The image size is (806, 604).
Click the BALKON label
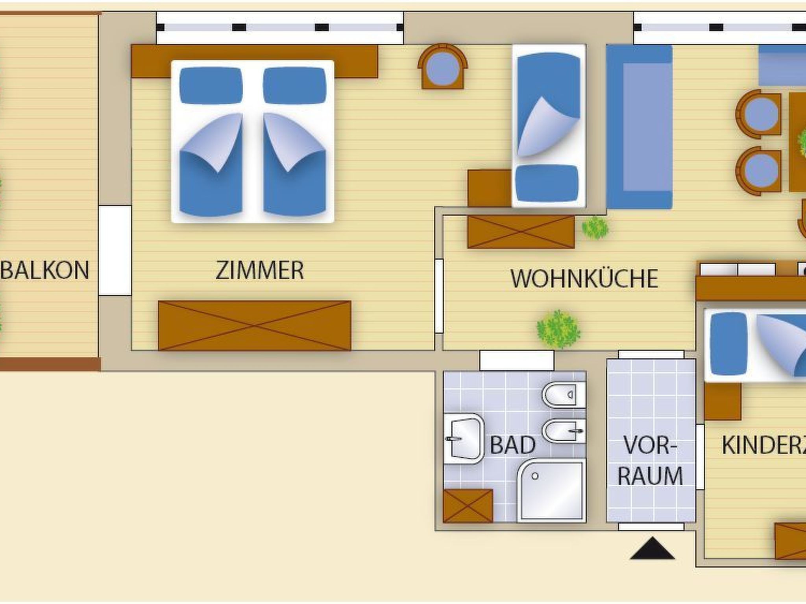click(45, 271)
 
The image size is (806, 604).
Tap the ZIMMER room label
click(260, 271)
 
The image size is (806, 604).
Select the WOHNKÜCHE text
click(584, 279)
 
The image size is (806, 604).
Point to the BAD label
click(512, 445)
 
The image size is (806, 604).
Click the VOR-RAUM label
click(650, 460)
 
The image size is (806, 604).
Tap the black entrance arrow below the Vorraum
click(652, 549)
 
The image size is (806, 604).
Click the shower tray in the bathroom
click(551, 492)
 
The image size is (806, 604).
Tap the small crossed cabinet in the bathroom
click(468, 506)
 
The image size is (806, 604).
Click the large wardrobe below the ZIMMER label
click(254, 326)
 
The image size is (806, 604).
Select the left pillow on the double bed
click(211, 86)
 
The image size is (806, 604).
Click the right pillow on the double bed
click(294, 86)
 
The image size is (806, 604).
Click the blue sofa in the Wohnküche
click(639, 127)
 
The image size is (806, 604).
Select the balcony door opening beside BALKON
click(115, 250)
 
